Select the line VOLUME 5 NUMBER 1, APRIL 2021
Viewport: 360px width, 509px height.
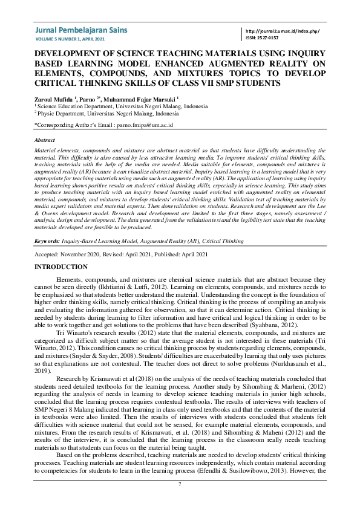pos(71,39)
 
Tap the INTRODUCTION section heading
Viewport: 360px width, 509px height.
pos(61,267)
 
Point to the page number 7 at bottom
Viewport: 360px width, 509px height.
pos(180,485)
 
